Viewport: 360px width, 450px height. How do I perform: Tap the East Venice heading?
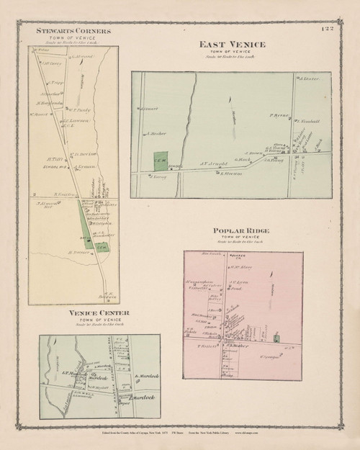coord(232,45)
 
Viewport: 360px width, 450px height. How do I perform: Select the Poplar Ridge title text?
coord(243,231)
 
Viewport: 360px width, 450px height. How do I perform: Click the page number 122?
coord(325,28)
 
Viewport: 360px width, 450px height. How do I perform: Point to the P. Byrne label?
coord(279,115)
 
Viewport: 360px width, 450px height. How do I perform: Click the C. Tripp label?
coord(61,83)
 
